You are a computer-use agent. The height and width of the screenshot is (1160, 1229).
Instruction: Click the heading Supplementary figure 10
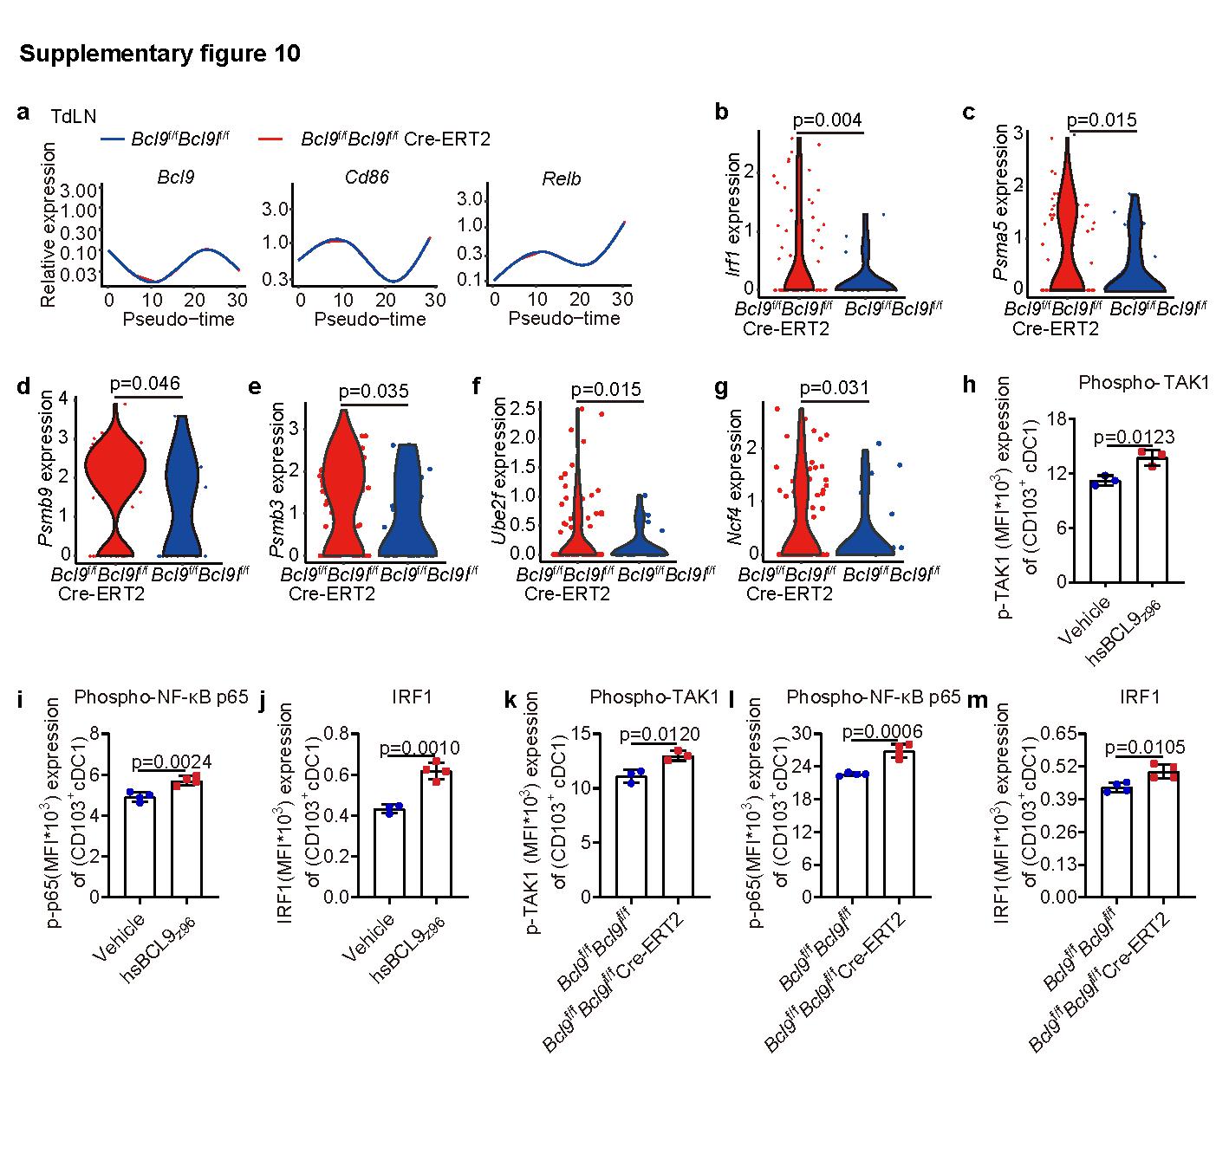pos(160,55)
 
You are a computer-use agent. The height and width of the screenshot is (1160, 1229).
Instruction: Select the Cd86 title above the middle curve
pos(366,178)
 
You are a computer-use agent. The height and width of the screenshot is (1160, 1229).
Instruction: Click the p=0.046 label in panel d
pos(146,385)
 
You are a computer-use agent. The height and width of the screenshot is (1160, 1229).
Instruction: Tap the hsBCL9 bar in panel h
pos(1152,520)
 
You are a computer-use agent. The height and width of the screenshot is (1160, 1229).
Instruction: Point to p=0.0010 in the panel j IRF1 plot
pos(419,748)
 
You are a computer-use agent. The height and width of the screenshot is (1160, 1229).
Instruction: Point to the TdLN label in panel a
pos(73,115)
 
